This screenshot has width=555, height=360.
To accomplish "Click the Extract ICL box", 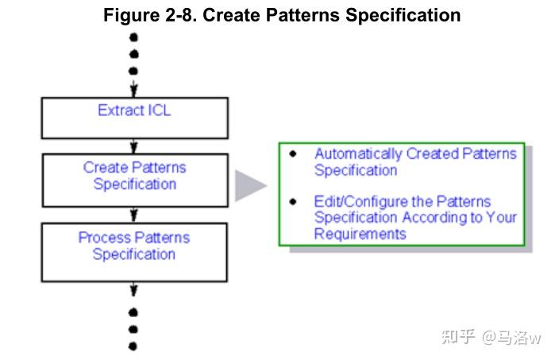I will [x=134, y=118].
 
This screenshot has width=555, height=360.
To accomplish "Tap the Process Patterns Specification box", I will [x=134, y=251].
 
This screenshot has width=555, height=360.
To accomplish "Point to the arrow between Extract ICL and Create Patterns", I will [x=134, y=146].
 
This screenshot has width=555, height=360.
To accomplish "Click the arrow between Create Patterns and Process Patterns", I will [x=134, y=215].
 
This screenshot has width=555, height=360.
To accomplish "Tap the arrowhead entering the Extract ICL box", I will [x=134, y=91].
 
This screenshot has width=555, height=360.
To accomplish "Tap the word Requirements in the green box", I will [x=360, y=234].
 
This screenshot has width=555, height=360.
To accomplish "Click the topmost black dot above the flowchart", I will [x=134, y=37].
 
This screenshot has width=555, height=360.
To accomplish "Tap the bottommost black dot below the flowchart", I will [x=133, y=346].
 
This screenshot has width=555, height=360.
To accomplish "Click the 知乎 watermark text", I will [x=458, y=337].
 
